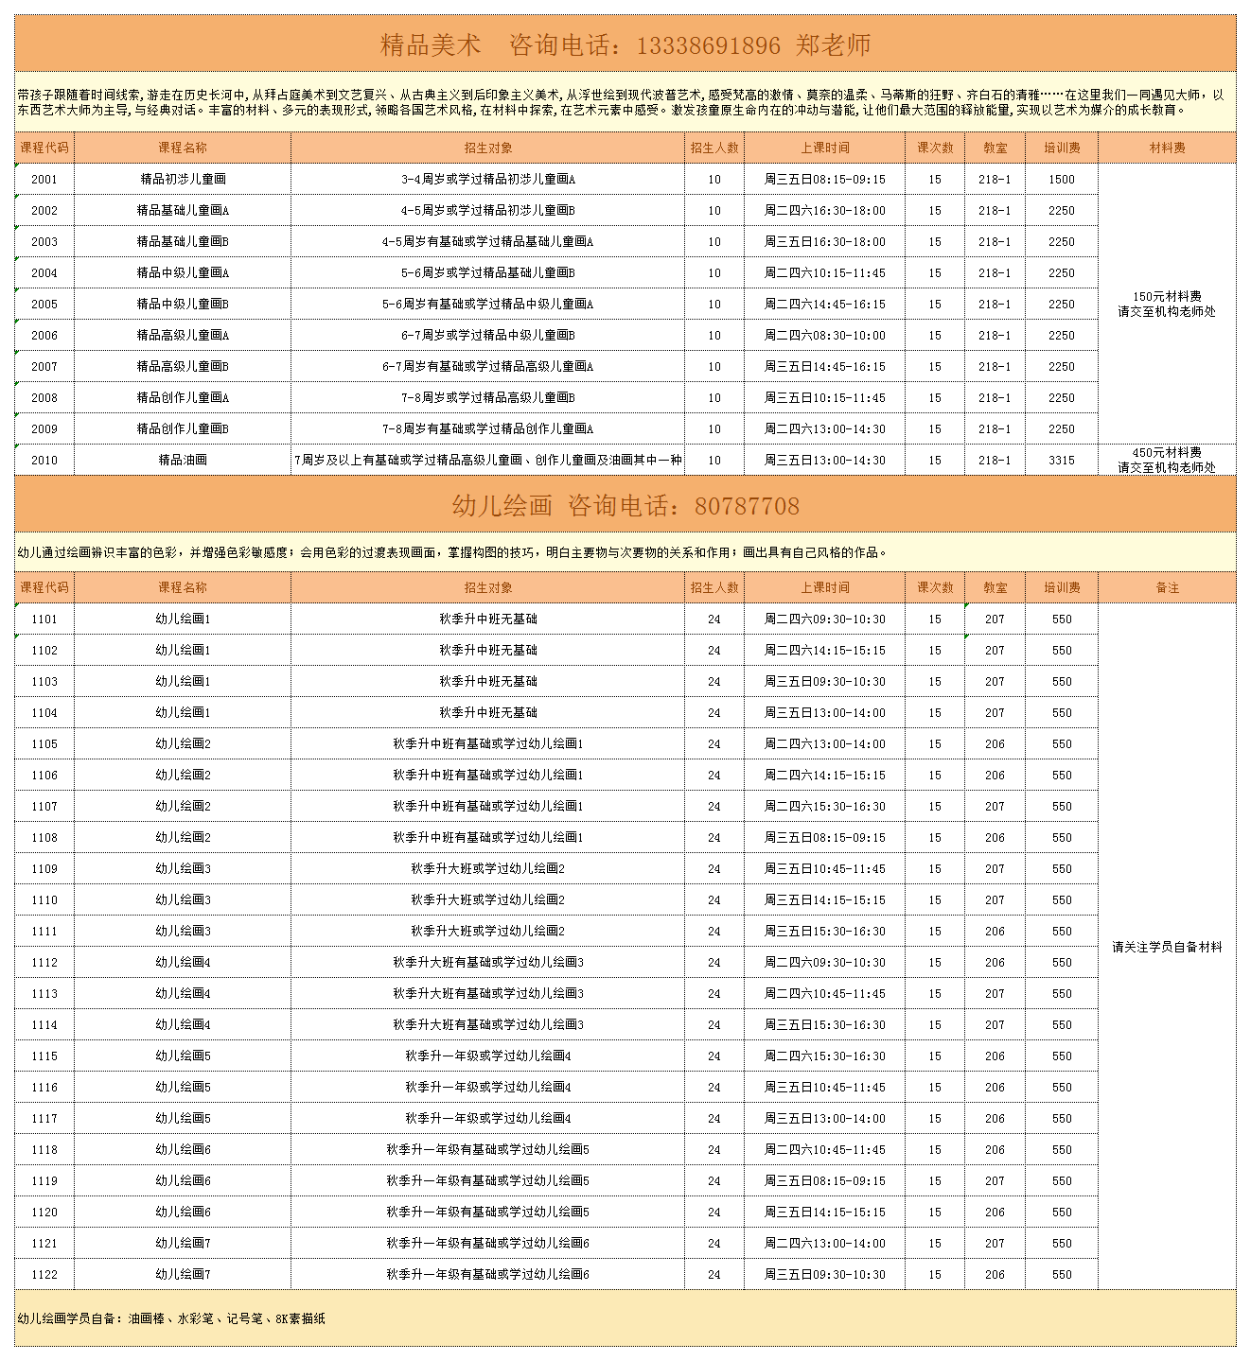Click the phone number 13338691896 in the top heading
709,45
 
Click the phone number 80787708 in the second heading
747,506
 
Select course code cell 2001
44,180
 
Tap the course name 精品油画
183,461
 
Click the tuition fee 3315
1062,461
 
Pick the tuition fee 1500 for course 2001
1062,180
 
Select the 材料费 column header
1167,148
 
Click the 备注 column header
1167,588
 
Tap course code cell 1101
44,619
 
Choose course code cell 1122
44,1275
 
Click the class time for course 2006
825,336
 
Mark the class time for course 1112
825,963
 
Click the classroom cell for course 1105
995,744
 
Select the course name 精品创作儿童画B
183,429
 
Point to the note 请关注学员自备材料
1167,947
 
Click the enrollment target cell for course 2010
487,461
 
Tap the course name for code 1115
183,1056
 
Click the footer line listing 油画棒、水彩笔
171,1318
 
